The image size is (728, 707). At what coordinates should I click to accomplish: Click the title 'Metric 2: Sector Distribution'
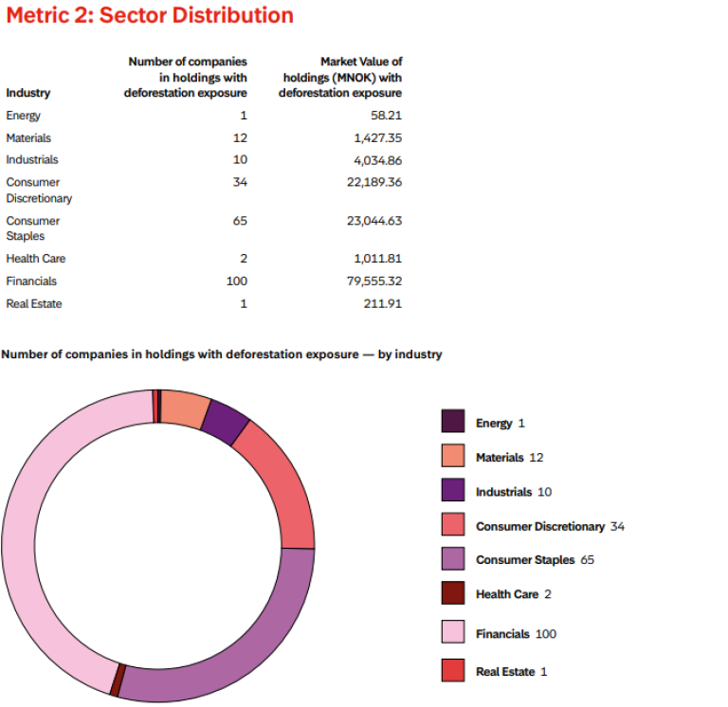[150, 16]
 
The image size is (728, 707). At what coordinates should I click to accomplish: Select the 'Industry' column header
[28, 93]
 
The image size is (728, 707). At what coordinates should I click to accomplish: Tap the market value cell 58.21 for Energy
[386, 116]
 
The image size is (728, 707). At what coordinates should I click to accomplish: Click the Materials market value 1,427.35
[377, 138]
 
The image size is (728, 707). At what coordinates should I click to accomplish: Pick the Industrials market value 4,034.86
[377, 160]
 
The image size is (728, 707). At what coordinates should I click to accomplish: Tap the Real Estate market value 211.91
[383, 304]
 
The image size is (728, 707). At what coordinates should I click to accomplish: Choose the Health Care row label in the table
[35, 259]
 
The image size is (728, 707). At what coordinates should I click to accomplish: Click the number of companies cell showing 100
[236, 281]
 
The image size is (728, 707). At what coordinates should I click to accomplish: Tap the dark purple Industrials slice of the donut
[225, 423]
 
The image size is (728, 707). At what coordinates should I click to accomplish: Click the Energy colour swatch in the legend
[453, 423]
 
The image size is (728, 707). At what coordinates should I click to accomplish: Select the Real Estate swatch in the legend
[453, 671]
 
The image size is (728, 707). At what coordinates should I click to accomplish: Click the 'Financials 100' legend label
[516, 634]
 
